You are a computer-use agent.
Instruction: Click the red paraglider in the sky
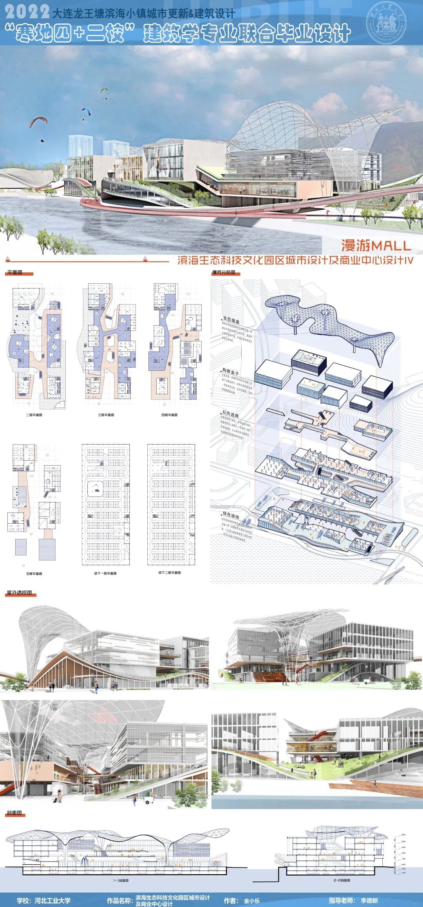[x=38, y=121]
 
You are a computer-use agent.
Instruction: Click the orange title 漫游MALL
[x=376, y=246]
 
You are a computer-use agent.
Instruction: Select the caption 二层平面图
[x=34, y=415]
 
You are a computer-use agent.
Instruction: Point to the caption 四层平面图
[x=170, y=415]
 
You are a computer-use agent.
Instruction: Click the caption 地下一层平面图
[x=105, y=573]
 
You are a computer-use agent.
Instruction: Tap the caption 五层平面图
[x=34, y=574]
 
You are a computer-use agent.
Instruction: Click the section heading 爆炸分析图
[x=224, y=272]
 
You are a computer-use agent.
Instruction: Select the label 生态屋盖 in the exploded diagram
[x=231, y=321]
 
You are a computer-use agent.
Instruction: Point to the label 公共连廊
[x=230, y=414]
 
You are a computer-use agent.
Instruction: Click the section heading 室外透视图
[x=19, y=593]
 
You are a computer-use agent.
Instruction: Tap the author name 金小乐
[x=251, y=901]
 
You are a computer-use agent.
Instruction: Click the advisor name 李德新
[x=369, y=901]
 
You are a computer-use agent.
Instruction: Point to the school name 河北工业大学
[x=52, y=901]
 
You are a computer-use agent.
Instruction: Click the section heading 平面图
[x=15, y=272]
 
